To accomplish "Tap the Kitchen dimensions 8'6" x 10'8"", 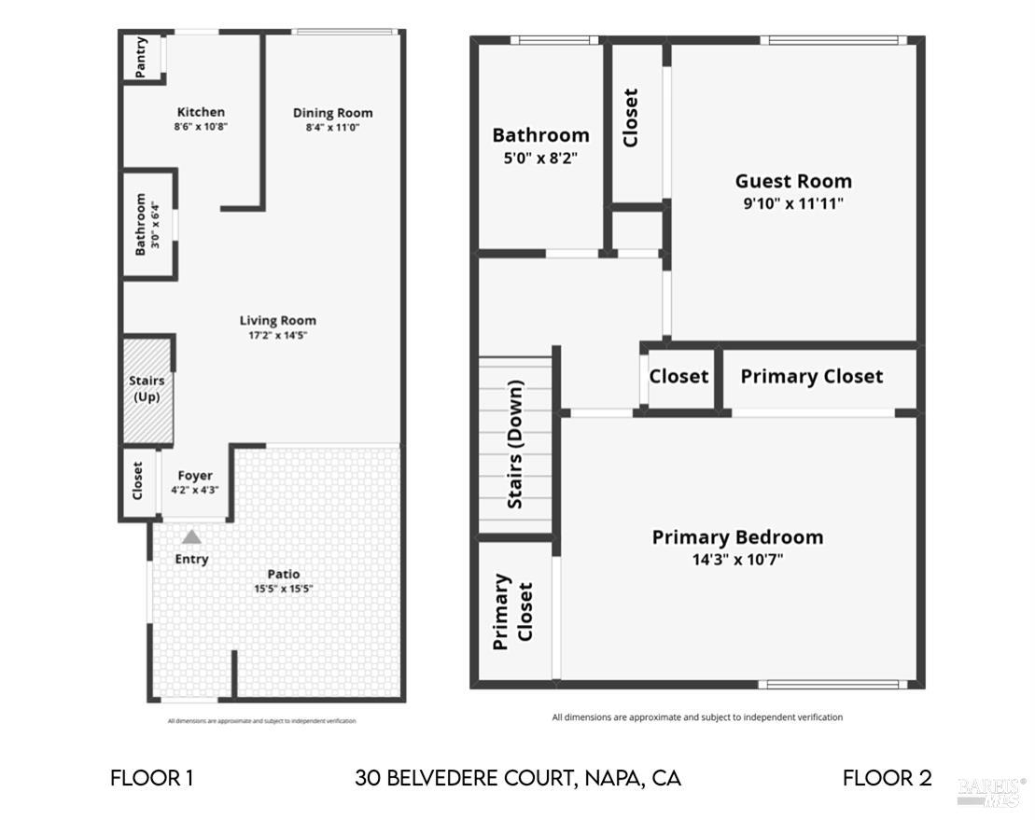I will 201,126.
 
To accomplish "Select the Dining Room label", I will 332,113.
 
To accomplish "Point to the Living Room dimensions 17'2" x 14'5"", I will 277,334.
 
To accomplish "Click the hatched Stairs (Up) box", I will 147,389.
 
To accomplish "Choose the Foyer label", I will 195,476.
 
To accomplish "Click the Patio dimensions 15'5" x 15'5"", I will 284,589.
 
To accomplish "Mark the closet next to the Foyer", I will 138,480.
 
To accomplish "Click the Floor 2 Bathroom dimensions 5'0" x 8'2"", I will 540,159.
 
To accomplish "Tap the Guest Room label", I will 793,181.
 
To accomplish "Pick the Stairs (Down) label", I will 515,444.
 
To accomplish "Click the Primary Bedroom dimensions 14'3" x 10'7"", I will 737,560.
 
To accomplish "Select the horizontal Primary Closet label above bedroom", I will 811,376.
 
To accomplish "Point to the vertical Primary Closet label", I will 512,611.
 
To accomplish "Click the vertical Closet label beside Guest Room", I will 631,118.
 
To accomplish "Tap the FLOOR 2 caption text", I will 887,778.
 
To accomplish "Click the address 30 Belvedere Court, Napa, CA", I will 518,778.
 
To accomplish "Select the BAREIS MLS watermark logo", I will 991,791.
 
